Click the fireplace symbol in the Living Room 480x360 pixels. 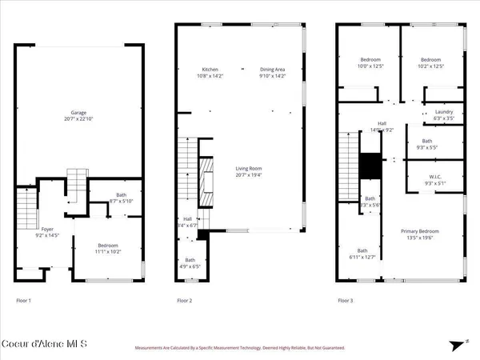(x=206, y=178)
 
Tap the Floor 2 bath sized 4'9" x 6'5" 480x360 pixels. (x=190, y=262)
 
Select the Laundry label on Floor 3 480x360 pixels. (x=444, y=114)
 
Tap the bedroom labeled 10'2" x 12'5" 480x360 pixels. (x=433, y=62)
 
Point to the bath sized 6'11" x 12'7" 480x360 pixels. (x=362, y=254)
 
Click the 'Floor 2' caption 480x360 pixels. (x=185, y=302)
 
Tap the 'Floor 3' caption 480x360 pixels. (x=345, y=302)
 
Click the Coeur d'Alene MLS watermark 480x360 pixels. (x=46, y=345)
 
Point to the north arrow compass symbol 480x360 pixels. (x=465, y=342)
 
